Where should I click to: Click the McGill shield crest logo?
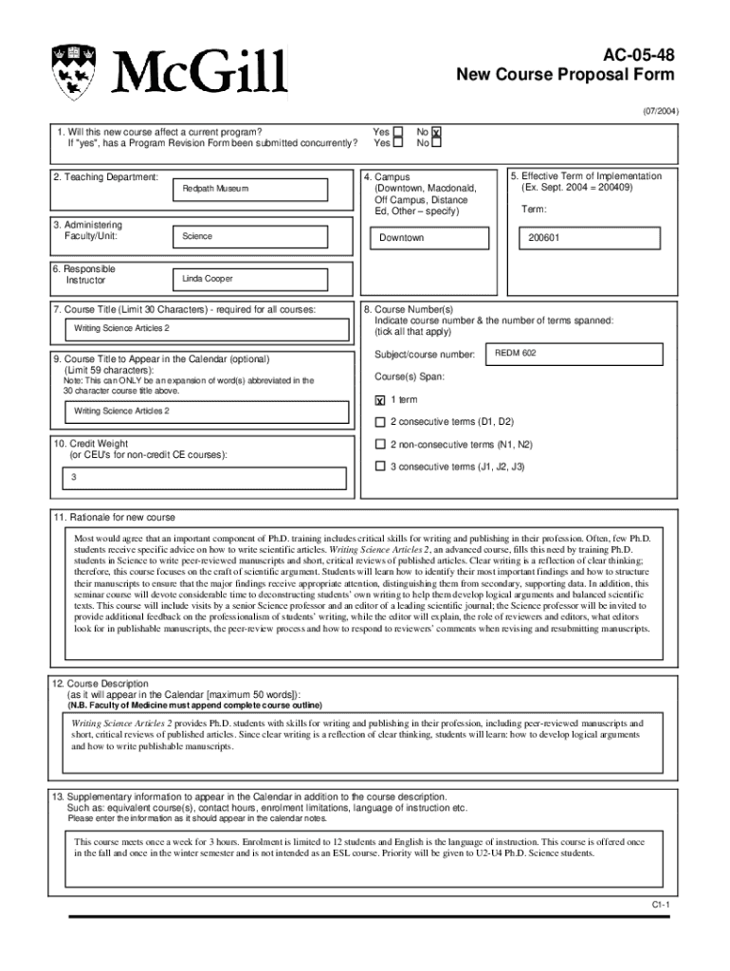(74, 72)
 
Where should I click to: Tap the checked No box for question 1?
(437, 133)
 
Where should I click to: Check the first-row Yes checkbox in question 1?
(398, 133)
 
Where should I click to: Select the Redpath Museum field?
(261, 189)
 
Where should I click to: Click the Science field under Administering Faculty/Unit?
(261, 236)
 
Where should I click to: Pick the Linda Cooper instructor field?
(261, 279)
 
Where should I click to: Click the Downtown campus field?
(431, 238)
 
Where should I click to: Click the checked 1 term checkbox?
(380, 400)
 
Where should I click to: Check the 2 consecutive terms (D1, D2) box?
(380, 422)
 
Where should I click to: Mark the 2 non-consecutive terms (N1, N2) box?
(380, 444)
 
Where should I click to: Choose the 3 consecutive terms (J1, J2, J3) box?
(380, 467)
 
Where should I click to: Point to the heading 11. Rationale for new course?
(115, 518)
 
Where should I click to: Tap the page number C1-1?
(660, 906)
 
